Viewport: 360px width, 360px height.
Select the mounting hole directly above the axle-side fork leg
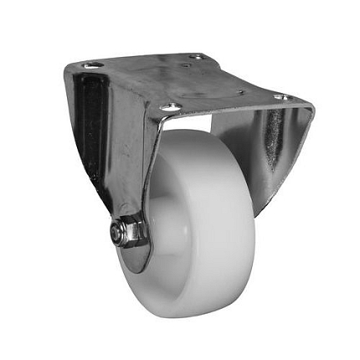(171, 106)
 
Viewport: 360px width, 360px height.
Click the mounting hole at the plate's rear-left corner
(93, 64)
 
